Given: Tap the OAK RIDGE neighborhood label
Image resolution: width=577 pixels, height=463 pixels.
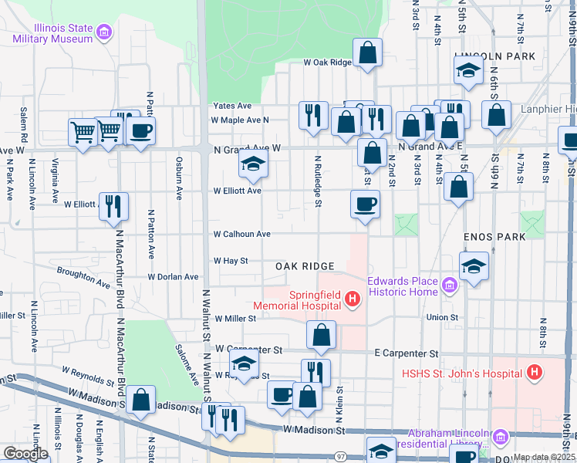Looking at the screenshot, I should pos(305,266).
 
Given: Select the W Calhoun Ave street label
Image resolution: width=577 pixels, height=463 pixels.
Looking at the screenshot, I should pos(242,234).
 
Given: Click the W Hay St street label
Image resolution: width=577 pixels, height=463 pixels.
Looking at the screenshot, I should pos(231,261).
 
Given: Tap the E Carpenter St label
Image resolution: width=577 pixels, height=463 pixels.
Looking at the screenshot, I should pos(406,353).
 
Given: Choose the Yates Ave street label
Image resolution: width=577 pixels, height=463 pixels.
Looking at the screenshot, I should pos(232,106).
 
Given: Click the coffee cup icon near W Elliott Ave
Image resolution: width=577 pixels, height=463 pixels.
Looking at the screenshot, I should pos(365,204).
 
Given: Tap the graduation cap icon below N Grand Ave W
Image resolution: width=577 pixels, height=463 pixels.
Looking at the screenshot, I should pos(251,164).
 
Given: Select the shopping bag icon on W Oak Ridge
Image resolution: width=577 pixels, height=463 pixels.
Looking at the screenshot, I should pos(369,53).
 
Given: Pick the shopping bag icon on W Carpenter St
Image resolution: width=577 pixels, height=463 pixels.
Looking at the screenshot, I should pos(321,335).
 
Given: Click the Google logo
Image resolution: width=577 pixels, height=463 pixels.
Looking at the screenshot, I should pos(26,454).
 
